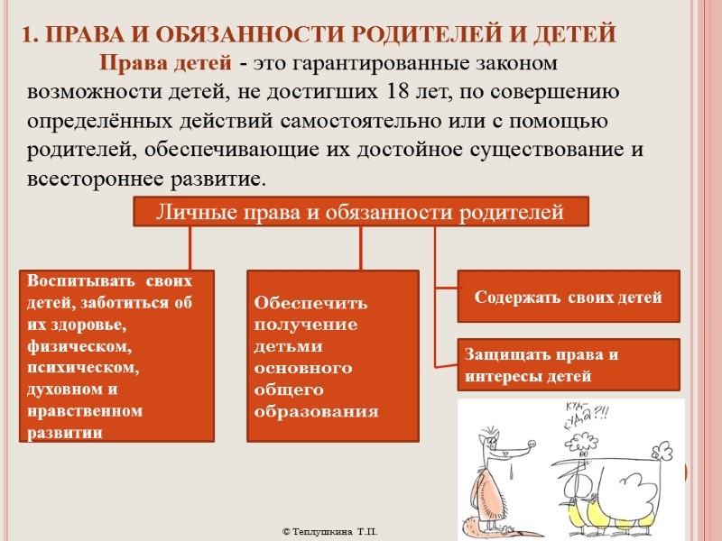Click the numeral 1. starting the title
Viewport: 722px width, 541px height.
[29, 35]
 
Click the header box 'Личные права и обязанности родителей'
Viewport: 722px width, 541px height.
[361, 213]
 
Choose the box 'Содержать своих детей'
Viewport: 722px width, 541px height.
[569, 297]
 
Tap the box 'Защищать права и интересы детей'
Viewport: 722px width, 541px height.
[569, 365]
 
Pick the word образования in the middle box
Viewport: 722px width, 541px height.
[316, 411]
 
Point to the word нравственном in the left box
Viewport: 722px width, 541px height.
[86, 411]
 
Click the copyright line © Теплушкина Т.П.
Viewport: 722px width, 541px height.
[330, 532]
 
